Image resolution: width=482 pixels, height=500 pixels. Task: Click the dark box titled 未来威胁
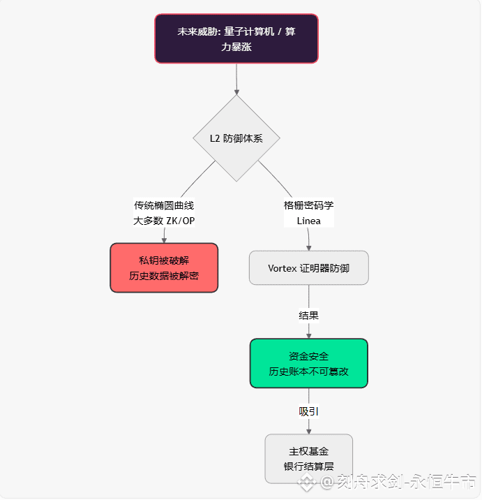[236, 39]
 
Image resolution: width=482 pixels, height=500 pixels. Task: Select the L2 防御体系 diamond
[236, 138]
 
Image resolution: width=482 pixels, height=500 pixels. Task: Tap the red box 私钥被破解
[164, 267]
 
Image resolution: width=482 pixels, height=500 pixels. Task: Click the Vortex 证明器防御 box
[308, 267]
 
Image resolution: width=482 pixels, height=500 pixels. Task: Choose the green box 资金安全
[308, 363]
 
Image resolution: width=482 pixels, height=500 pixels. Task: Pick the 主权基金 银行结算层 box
[308, 458]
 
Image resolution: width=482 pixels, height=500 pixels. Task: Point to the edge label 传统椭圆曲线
[164, 205]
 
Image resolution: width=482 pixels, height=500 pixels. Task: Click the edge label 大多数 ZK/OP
[164, 221]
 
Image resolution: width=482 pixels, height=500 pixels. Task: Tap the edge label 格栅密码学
[308, 205]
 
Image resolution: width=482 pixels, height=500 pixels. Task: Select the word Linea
[308, 221]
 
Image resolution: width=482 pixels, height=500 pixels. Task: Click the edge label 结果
[308, 315]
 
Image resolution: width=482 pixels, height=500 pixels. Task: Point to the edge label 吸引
[308, 411]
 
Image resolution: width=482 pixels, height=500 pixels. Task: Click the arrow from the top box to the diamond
[237, 78]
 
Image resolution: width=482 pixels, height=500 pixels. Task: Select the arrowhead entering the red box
[164, 240]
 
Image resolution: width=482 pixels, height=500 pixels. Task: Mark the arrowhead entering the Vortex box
[308, 247]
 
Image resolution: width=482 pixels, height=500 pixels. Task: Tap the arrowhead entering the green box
[308, 335]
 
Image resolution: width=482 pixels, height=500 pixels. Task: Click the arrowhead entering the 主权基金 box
[308, 431]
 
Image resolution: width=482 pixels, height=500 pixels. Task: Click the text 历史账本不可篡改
[308, 372]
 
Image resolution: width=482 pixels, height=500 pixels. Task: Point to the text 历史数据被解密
[164, 276]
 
